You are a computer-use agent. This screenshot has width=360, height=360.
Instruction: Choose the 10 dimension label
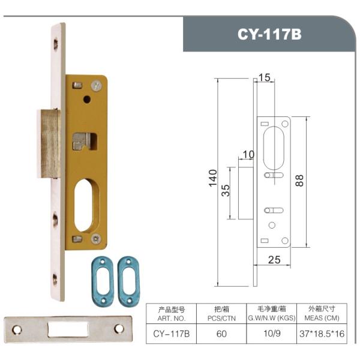248,155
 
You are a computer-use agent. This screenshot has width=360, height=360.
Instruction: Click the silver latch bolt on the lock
49,143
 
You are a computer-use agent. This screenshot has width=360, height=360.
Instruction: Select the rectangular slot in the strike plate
70,328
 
